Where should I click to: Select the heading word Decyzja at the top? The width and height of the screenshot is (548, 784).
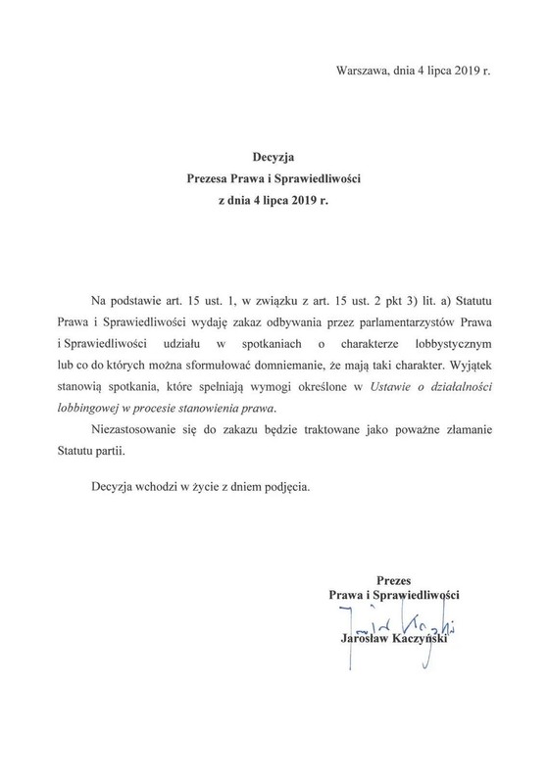(x=274, y=155)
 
